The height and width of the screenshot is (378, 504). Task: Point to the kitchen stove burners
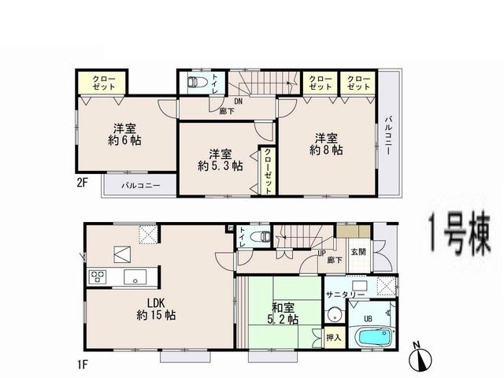98,276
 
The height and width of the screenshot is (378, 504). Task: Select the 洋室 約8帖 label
326,142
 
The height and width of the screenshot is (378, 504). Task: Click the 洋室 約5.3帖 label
220,160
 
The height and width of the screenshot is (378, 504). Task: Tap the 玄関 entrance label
358,252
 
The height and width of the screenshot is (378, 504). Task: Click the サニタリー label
344,294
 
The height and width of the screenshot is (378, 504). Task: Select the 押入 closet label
333,337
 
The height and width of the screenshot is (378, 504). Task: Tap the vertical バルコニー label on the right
388,135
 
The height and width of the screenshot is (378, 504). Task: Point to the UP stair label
321,253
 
